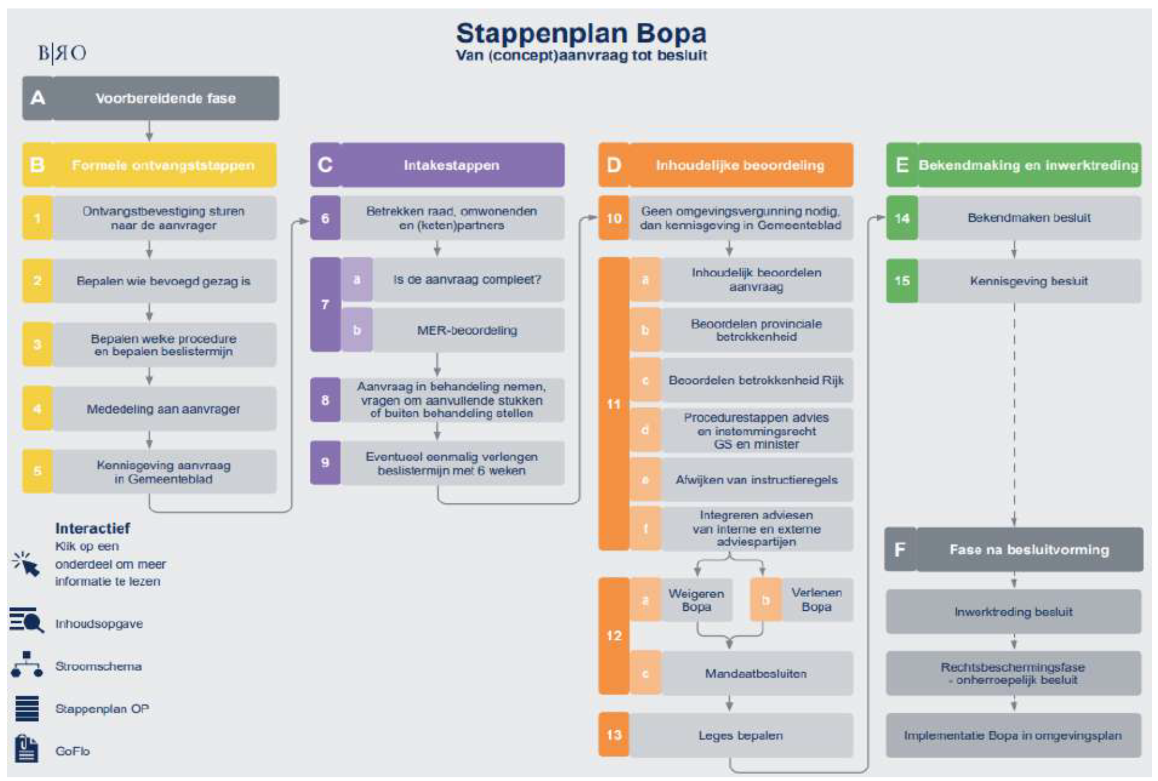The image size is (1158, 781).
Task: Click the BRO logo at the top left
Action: [62, 53]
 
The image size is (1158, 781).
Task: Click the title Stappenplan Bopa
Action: [581, 33]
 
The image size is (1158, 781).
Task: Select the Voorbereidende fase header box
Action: [151, 98]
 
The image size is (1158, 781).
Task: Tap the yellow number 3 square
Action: [38, 345]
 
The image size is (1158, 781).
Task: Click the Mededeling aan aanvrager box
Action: [164, 409]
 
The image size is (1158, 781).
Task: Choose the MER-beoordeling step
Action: [467, 330]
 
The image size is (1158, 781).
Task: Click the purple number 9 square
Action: [325, 463]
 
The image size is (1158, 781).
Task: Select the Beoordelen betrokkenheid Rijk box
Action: [756, 380]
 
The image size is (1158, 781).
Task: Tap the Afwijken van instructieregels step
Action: [756, 480]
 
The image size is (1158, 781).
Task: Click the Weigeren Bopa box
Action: [696, 600]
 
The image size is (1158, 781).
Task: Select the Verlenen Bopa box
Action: [816, 600]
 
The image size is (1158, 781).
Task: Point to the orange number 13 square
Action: [614, 735]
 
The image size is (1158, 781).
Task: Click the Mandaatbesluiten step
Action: [756, 673]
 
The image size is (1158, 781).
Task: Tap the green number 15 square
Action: [902, 281]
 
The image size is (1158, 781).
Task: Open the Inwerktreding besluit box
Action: [1014, 612]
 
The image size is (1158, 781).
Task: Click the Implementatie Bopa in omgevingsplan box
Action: [1014, 736]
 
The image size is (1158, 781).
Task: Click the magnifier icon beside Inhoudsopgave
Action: [26, 621]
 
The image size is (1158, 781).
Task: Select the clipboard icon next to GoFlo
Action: [26, 749]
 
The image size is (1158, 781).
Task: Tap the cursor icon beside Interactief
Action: [26, 564]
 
